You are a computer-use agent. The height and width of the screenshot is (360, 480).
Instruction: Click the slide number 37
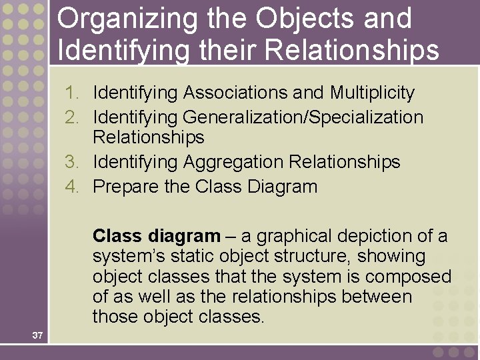click(x=37, y=335)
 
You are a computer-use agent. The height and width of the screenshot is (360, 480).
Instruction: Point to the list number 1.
click(x=72, y=93)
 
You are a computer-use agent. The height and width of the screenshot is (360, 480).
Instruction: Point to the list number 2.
click(x=72, y=117)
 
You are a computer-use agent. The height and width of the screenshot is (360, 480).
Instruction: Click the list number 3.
click(x=72, y=162)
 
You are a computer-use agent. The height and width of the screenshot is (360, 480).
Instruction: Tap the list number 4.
click(x=72, y=187)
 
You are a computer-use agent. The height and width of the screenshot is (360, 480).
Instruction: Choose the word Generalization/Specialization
click(x=303, y=117)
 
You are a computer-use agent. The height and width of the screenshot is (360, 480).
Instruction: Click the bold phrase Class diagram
click(x=156, y=236)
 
